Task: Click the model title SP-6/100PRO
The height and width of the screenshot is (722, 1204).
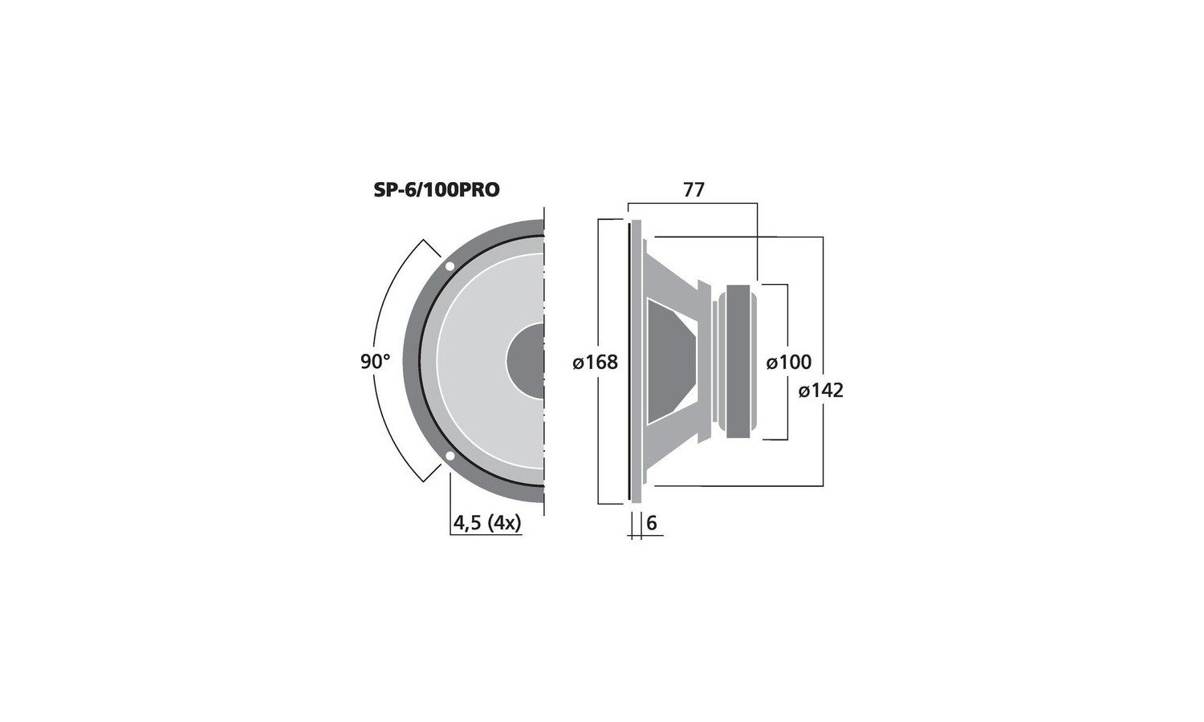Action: click(x=437, y=189)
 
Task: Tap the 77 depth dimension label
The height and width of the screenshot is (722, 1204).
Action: click(x=694, y=189)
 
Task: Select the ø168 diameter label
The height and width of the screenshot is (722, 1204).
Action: click(x=596, y=363)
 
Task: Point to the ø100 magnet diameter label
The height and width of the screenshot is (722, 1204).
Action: click(x=788, y=363)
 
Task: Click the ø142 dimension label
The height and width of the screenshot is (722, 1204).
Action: click(x=821, y=391)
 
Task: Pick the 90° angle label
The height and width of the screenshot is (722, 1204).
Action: click(x=375, y=362)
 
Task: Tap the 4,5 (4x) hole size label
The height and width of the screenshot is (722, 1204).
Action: click(x=487, y=523)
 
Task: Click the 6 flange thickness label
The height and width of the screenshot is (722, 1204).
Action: click(x=652, y=523)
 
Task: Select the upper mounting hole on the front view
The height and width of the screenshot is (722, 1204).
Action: click(x=449, y=266)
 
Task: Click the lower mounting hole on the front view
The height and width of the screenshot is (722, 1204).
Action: click(x=449, y=457)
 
